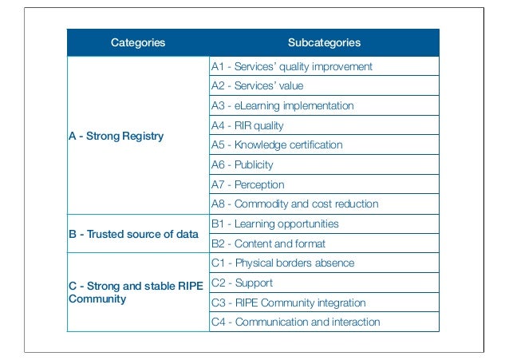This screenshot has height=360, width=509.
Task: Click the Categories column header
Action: coord(138,42)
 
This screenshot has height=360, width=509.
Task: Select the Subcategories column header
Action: coord(324,42)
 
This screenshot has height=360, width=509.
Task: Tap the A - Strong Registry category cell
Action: coord(116,136)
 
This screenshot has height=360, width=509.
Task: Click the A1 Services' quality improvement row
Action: coord(291,66)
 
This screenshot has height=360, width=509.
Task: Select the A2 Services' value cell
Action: coord(257,85)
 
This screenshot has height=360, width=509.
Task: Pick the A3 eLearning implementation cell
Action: coord(282,105)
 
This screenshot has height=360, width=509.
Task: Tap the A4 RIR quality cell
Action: coord(247,125)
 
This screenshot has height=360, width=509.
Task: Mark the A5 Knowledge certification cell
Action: coord(277,145)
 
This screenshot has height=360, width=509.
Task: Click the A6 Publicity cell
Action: coord(242,164)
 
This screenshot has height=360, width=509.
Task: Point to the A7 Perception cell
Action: coord(247,184)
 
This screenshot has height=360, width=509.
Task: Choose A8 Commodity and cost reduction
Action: coord(294,204)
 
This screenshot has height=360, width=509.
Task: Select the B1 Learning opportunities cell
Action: coord(274,224)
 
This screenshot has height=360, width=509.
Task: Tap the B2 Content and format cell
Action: coord(268,243)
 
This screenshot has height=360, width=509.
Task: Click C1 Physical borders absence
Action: coord(282,263)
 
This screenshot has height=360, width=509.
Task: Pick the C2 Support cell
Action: coord(242,283)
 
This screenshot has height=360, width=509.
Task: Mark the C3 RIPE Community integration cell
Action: coord(288,303)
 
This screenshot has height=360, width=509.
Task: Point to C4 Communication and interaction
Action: coord(295,322)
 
